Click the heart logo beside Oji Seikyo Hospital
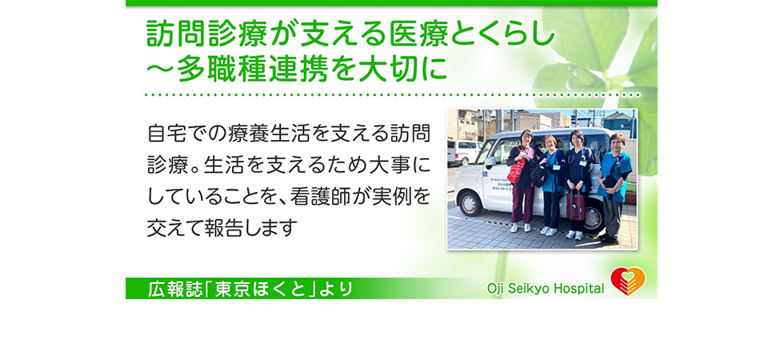[x=628, y=281]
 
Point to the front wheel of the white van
[x=470, y=204]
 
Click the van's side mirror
[x=490, y=162]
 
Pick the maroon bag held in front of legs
[x=575, y=205]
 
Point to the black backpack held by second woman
[x=539, y=174]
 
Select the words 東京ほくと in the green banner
[x=261, y=290]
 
